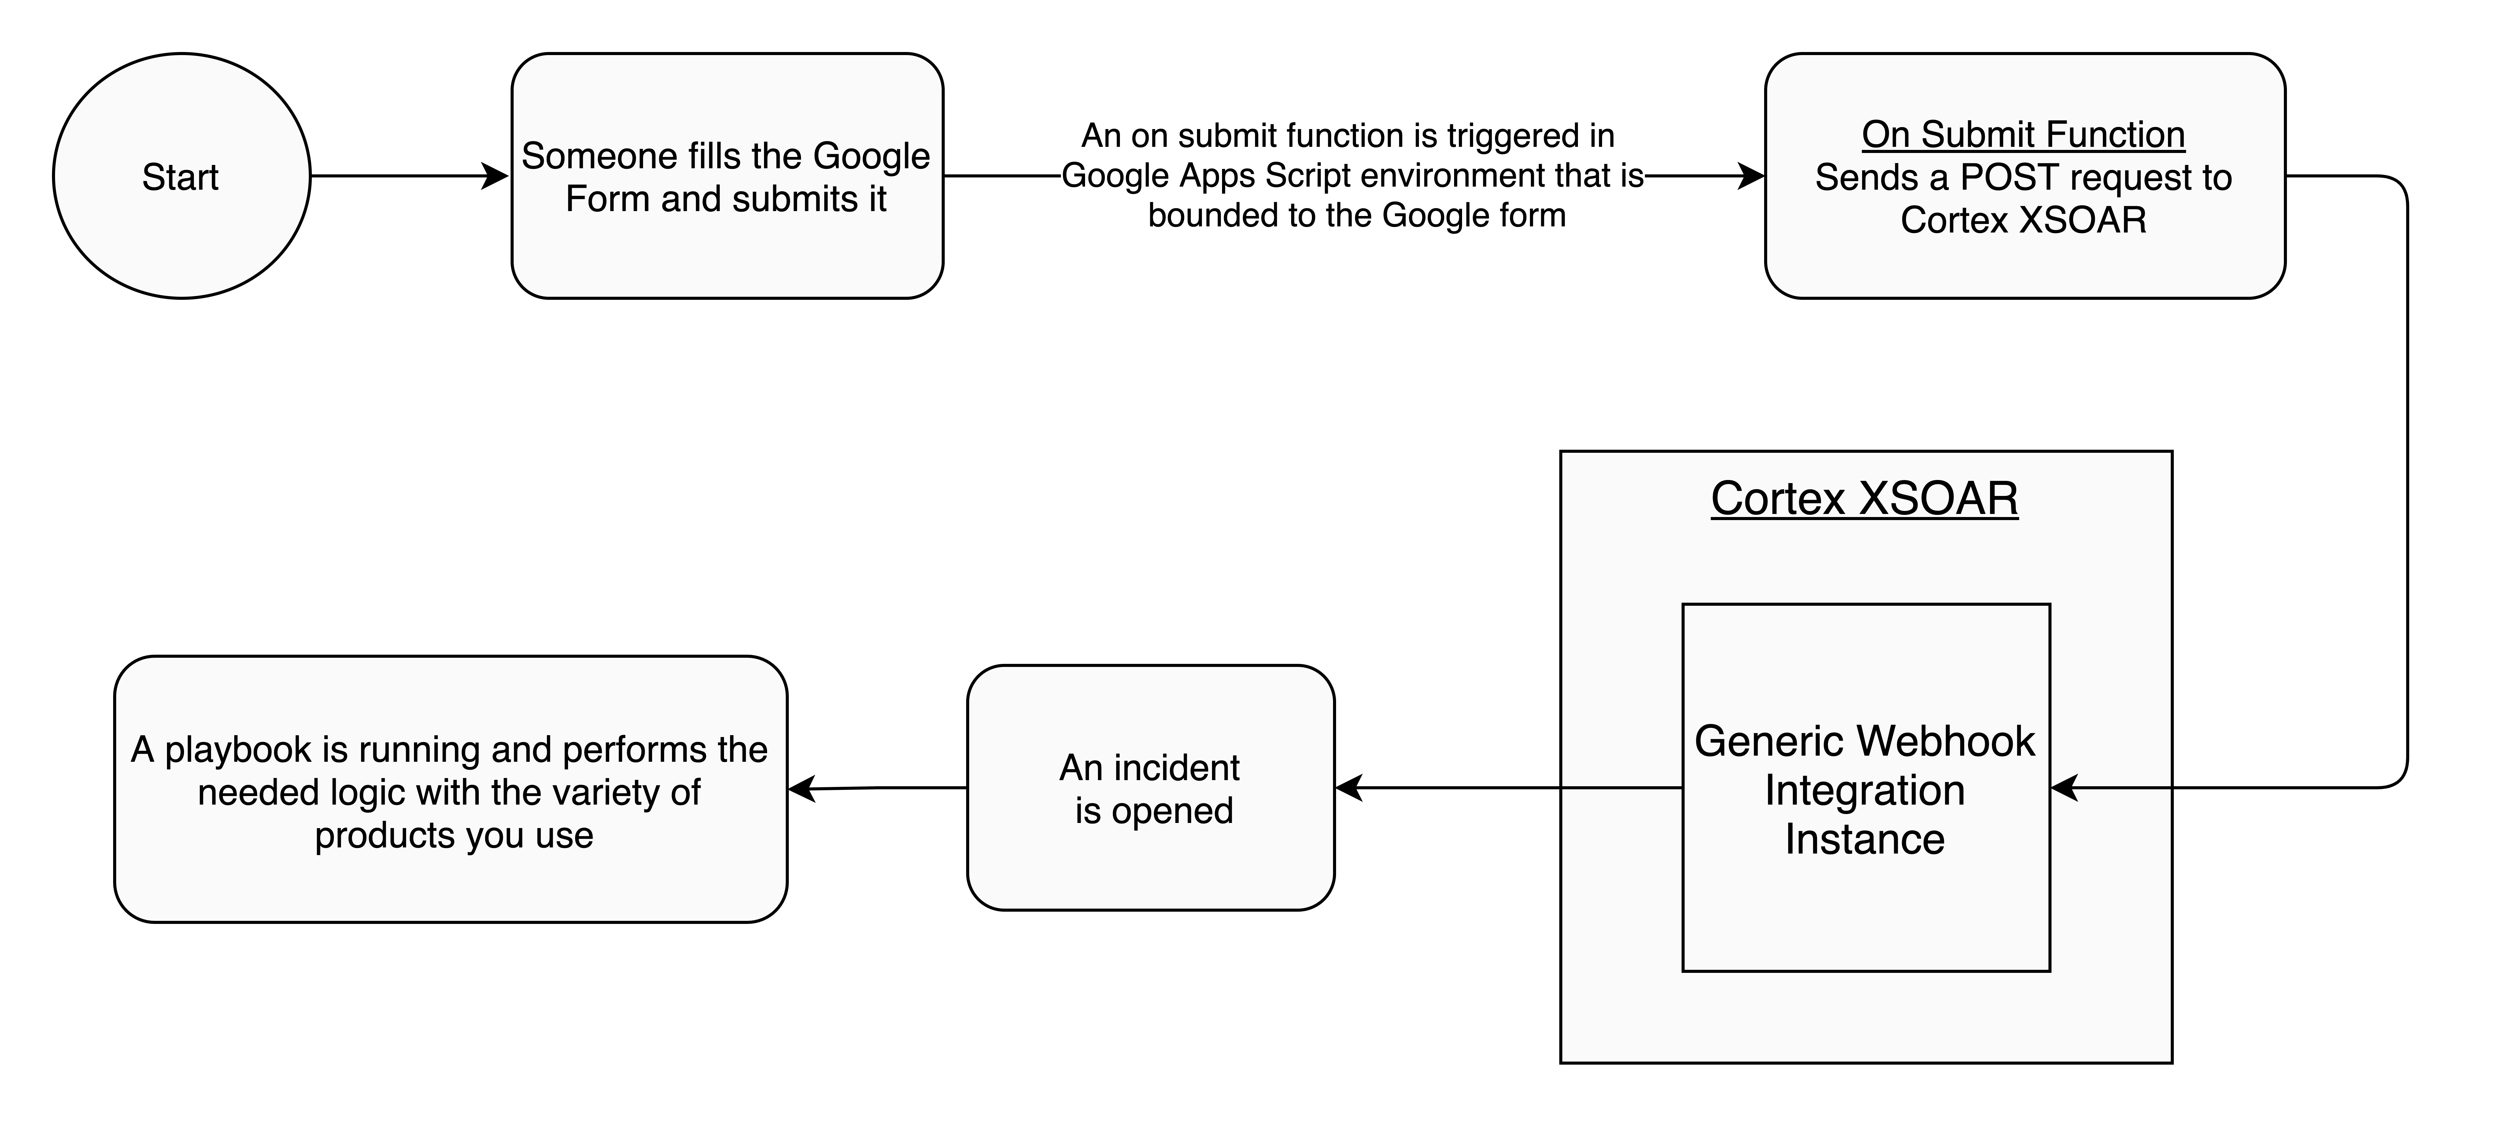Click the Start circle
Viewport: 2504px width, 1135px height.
pos(182,176)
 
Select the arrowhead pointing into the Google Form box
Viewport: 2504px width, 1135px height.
pos(496,176)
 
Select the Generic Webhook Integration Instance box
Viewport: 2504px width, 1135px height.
pos(1866,788)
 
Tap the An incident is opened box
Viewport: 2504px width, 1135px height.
pos(1151,788)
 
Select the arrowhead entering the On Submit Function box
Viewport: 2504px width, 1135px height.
pos(1752,176)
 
